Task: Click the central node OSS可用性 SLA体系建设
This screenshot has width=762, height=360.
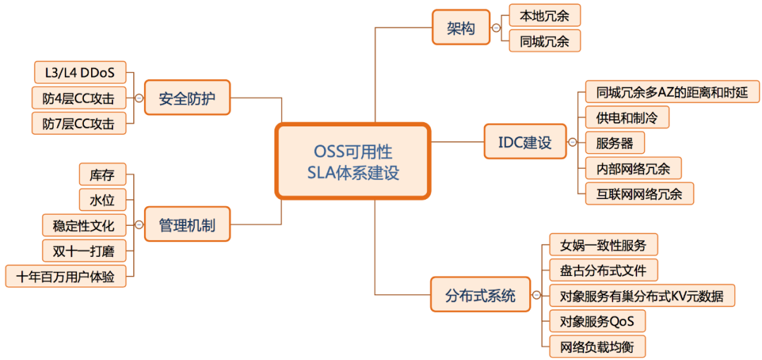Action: (x=353, y=162)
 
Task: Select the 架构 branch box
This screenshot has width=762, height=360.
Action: (x=461, y=29)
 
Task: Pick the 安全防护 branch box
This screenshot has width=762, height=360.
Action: (x=187, y=97)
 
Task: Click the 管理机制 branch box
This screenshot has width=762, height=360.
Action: (x=187, y=225)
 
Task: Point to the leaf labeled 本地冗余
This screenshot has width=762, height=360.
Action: (x=544, y=15)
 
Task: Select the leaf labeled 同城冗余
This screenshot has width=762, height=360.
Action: (x=544, y=41)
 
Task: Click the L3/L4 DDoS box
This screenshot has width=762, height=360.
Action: (x=80, y=72)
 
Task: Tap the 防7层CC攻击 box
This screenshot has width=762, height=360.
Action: (x=78, y=124)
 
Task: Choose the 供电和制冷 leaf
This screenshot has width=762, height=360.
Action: (x=627, y=117)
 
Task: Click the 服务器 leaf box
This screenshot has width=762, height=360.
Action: (x=615, y=143)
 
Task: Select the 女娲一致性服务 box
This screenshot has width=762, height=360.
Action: (x=603, y=245)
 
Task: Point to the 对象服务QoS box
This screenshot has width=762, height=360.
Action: (x=597, y=322)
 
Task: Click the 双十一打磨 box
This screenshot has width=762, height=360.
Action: (x=78, y=251)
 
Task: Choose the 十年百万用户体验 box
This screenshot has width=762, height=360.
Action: (x=66, y=276)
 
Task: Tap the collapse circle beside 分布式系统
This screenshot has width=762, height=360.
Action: (x=536, y=296)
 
